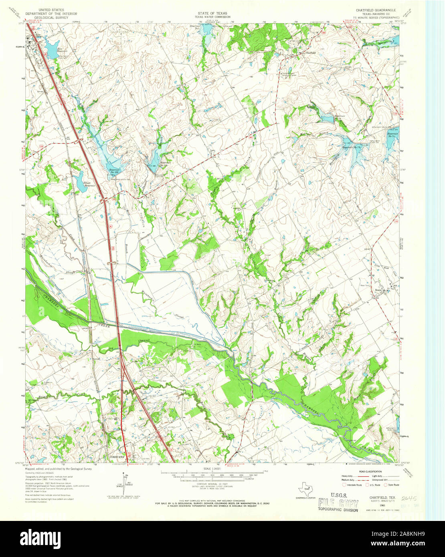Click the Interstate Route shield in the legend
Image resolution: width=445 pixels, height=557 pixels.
(344, 485)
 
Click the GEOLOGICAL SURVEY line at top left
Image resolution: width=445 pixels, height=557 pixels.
(50, 18)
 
